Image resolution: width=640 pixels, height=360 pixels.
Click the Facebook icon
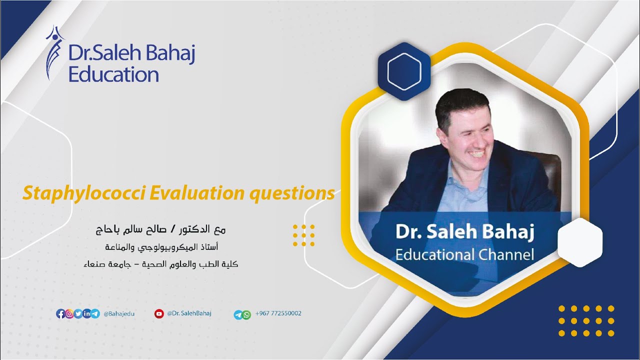60,314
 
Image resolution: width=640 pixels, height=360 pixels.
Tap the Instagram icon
69,314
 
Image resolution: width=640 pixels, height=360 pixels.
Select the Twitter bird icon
78,314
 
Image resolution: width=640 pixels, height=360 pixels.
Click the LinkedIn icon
86,314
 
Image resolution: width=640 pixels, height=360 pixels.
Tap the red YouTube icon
159,314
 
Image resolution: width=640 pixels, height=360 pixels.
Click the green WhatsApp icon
246,315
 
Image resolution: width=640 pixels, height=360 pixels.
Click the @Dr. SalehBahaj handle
189,313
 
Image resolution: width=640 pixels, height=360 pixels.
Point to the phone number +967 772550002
278,313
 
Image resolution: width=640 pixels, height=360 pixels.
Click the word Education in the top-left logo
113,75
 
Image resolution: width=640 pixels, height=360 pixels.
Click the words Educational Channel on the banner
464,254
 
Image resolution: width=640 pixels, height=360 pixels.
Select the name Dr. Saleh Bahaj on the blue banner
464,232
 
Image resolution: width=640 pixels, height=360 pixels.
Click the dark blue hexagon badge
404,71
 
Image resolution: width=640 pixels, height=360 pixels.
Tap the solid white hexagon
579,242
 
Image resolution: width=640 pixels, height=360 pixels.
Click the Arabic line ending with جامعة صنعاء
160,264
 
